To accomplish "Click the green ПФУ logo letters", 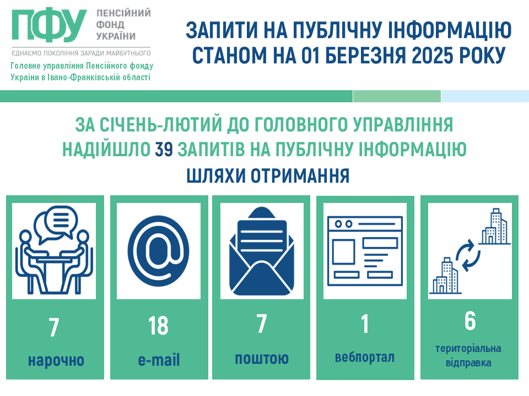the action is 49,24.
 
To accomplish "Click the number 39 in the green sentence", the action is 164,149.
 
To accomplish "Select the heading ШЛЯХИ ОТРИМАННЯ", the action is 268,175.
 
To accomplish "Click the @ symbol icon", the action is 158,251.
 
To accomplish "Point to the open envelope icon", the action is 262,251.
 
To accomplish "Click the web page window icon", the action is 365,251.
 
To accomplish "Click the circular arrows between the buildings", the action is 468,255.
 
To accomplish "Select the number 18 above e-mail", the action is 158,326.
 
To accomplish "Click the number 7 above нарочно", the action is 54,327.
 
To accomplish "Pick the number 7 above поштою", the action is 262,323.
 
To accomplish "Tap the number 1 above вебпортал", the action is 365,323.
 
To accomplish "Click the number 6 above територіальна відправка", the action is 470,321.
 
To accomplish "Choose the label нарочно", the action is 56,360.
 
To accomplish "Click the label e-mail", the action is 159,360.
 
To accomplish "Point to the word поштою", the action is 262,358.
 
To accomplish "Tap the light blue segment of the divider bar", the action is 485,96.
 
